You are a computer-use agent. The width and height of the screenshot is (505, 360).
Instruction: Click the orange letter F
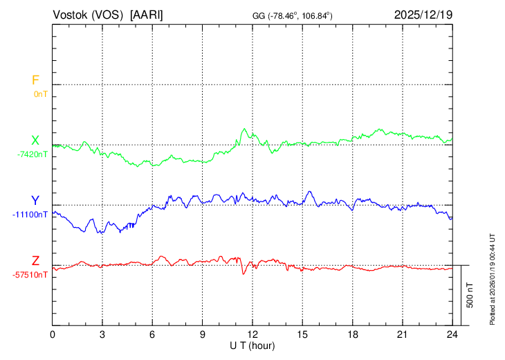(35, 80)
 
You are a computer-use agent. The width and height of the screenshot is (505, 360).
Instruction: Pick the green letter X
(35, 141)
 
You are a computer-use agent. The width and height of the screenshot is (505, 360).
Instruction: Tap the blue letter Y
(35, 201)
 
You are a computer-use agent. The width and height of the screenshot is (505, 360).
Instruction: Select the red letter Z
(35, 261)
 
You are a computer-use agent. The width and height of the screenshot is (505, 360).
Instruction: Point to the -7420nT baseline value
(33, 154)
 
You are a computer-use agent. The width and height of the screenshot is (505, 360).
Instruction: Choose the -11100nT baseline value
(30, 214)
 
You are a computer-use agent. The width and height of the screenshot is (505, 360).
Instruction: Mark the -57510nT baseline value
(30, 274)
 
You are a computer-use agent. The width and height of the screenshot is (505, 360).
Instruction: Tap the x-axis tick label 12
(252, 334)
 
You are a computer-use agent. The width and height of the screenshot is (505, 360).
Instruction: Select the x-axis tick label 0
(53, 334)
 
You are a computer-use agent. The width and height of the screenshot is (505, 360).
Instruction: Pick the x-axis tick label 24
(452, 334)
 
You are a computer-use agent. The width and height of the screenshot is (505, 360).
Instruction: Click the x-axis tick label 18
(352, 334)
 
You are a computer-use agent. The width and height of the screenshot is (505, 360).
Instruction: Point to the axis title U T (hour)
(252, 345)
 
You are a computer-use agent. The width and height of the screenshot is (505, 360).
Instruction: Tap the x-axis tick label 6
(153, 334)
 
